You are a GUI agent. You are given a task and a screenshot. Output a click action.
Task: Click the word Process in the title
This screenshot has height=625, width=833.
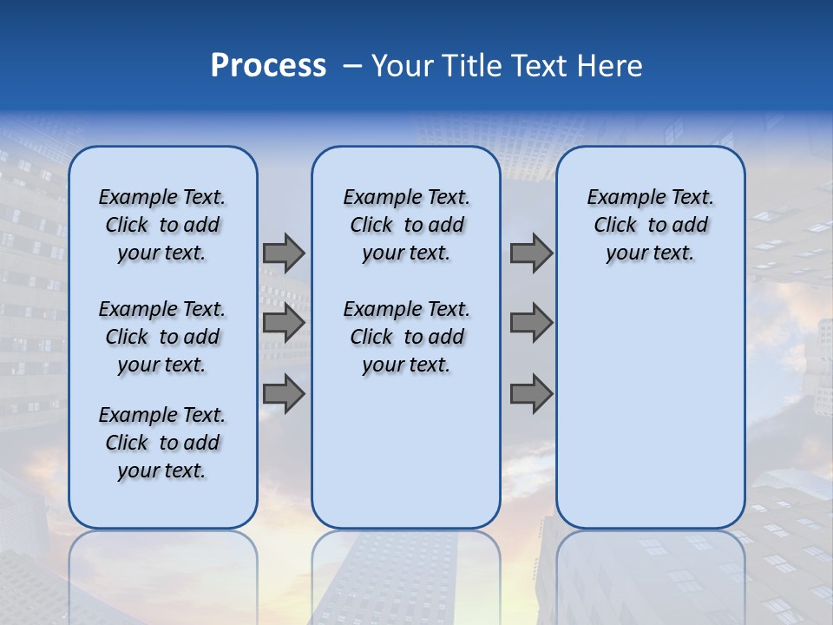point(268,66)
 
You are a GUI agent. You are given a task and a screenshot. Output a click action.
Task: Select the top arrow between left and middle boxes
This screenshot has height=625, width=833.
point(284,253)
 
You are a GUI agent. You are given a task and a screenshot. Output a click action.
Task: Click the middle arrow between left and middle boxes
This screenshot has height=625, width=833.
point(284,323)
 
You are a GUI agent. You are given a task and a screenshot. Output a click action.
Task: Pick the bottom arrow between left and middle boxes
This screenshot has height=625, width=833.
point(284,394)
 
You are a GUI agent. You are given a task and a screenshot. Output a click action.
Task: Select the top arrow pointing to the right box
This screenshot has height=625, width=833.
point(531,253)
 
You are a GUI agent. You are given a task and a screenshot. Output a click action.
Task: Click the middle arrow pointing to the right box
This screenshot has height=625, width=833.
point(531,323)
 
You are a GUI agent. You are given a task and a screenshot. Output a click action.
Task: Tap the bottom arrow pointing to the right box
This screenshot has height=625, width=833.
point(531,394)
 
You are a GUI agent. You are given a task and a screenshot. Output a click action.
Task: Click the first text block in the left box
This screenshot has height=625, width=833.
point(162,225)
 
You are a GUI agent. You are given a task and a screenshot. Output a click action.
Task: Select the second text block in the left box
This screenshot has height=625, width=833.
point(162,337)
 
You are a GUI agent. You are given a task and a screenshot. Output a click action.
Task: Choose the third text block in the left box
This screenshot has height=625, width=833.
point(162,443)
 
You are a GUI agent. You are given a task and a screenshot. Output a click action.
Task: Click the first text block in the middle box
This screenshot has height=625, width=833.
point(406,225)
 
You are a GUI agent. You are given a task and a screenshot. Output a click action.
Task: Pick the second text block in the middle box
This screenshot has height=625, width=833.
point(406,337)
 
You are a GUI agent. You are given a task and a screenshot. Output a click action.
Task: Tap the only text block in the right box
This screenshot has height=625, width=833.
point(650,225)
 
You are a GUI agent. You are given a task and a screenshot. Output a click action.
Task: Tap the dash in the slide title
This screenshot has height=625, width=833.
point(352,66)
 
